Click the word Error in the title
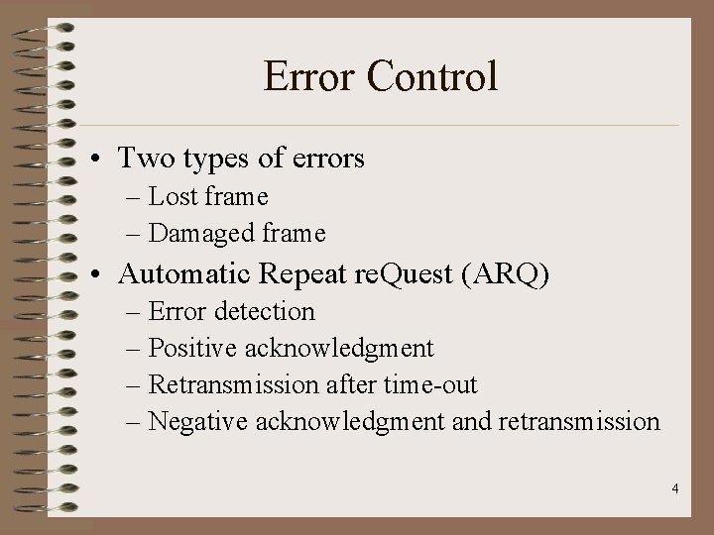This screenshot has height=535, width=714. coord(308,77)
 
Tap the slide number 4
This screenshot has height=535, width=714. coord(674,488)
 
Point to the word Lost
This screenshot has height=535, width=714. coord(174,197)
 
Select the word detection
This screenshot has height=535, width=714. coord(267,311)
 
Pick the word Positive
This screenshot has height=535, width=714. coord(194,348)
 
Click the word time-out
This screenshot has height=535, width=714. coord(428,384)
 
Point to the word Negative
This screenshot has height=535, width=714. coord(198,421)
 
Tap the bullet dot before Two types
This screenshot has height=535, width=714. coord(103,159)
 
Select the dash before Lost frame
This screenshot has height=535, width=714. coord(136,198)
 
